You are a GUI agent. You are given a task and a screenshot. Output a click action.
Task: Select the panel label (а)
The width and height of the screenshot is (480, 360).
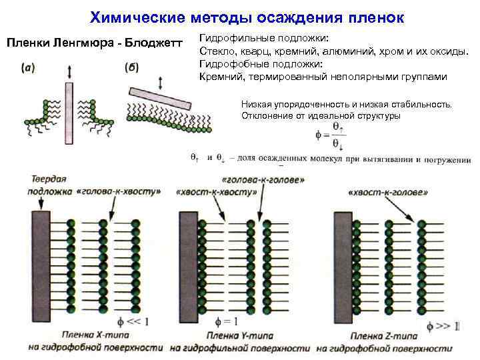[x=29, y=67]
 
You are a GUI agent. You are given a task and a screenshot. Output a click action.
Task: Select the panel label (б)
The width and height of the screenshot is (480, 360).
[x=131, y=67]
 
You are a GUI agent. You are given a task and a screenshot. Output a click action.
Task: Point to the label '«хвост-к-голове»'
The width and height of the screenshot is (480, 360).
[x=387, y=192]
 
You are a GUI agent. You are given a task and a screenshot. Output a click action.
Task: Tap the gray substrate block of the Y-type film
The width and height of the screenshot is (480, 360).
[x=186, y=266]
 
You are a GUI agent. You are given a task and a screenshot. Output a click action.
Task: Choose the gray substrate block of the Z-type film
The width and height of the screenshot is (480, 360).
[x=340, y=266]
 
